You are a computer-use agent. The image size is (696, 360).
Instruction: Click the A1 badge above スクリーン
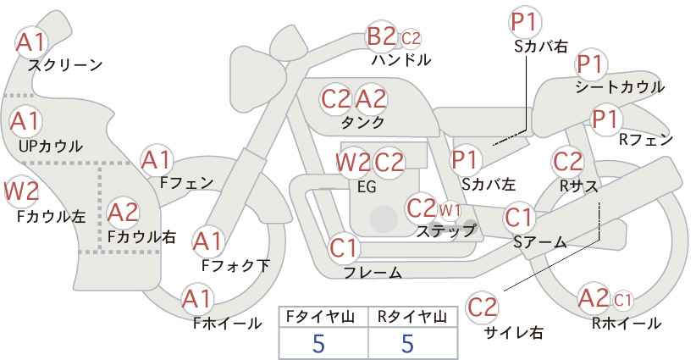coord(30,42)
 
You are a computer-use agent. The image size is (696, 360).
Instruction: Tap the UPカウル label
coord(50,146)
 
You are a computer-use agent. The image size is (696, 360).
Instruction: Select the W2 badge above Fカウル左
coord(21,191)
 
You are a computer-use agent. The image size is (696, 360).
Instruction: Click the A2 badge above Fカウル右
coord(123,213)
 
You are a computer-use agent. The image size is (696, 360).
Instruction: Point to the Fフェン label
coord(186,183)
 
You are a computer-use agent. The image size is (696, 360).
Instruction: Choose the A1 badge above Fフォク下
coord(207,242)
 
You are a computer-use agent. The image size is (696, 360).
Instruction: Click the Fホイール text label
coord(227,324)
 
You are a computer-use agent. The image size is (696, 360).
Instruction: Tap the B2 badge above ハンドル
coord(381,36)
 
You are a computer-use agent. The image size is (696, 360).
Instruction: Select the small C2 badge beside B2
coord(411,39)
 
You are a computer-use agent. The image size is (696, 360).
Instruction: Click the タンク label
coord(362,122)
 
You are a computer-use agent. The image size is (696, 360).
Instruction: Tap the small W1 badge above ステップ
coord(450,210)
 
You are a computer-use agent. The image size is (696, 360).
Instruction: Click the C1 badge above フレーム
coord(343,248)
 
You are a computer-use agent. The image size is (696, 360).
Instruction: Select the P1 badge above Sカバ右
coord(526,22)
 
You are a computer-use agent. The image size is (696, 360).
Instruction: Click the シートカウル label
coord(620,87)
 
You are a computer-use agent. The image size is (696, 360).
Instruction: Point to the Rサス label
coord(578,186)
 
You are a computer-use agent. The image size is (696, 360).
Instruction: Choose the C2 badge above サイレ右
coord(483,307)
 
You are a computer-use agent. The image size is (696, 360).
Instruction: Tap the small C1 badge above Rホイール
coord(623,301)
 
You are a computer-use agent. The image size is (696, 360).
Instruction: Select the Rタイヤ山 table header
coord(412,317)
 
